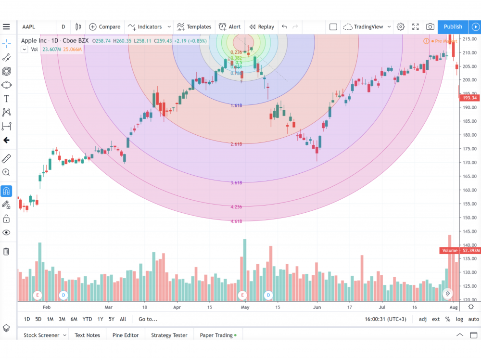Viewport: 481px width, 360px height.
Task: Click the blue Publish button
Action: coord(453,27)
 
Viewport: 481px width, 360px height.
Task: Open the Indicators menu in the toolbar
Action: coord(149,27)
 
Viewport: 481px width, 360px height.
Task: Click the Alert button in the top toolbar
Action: coord(230,27)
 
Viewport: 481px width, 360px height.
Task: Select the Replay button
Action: coord(262,27)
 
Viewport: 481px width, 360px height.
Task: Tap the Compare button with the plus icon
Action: coord(105,27)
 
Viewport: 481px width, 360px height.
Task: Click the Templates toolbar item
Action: coord(194,27)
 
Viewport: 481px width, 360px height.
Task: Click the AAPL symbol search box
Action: coord(36,27)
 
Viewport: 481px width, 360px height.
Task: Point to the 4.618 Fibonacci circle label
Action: coord(236,221)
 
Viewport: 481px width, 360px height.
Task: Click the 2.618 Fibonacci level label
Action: coord(236,144)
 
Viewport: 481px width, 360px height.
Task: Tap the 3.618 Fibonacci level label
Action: coord(236,183)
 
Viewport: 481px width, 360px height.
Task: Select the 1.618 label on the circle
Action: coord(236,105)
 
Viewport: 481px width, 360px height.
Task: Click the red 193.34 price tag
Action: coord(468,98)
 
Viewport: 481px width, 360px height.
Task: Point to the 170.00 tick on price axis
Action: coord(468,162)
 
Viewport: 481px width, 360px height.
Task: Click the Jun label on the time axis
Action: coord(317,307)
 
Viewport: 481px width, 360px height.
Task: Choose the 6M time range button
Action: coord(74,319)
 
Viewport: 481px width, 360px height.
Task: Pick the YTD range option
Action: coord(87,319)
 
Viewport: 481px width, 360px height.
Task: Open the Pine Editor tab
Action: coord(126,335)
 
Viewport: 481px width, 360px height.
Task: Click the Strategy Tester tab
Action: coord(169,335)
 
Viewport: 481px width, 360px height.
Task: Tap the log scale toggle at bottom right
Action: coord(459,319)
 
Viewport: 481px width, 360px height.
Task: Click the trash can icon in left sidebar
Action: coord(6,251)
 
